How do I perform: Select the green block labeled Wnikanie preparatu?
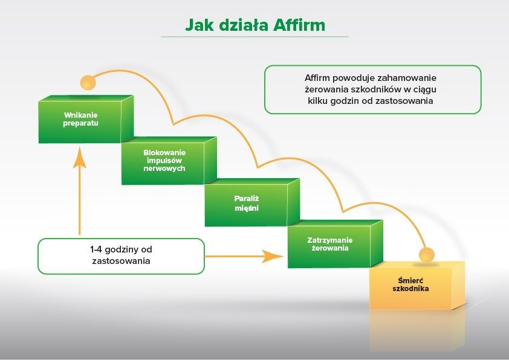[x=80, y=121]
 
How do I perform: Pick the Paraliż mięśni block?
[x=247, y=204]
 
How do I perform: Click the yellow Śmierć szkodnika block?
[x=411, y=288]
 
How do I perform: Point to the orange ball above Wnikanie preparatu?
[x=88, y=82]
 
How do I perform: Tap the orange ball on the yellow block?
[x=427, y=255]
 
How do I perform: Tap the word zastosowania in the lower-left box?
[x=121, y=262]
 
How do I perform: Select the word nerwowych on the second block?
[x=164, y=169]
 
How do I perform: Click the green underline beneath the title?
[x=254, y=37]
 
